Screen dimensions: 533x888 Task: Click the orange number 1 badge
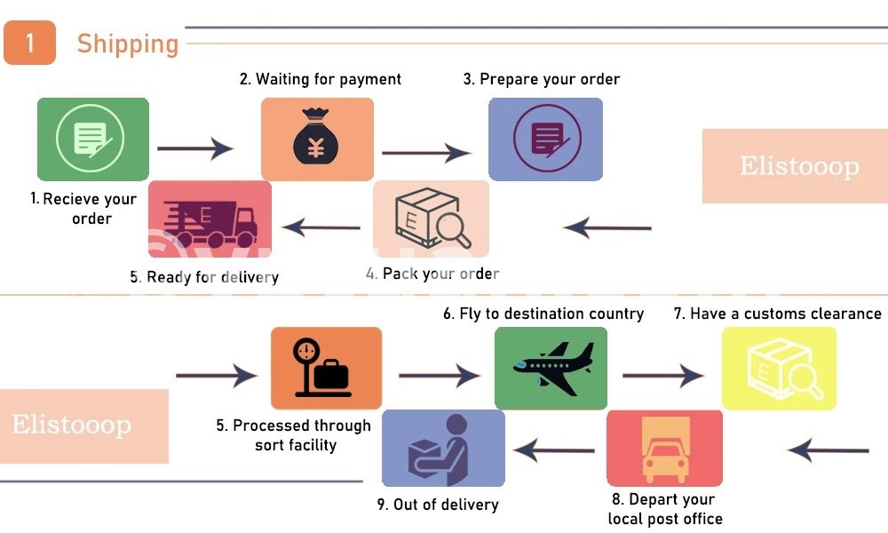tap(29, 44)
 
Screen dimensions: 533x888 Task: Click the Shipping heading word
tap(128, 44)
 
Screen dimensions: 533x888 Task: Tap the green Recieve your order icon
tap(92, 139)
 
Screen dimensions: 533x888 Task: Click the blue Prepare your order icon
tap(545, 139)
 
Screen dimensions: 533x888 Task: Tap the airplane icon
tap(551, 366)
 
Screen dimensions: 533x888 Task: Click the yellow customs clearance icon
tap(779, 368)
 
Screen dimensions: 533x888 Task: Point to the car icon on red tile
tap(664, 448)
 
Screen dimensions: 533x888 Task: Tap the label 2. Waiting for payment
tap(321, 79)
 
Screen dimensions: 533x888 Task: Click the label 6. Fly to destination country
tap(543, 314)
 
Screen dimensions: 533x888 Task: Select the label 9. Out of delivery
tap(438, 505)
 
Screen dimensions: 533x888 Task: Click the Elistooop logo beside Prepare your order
tap(798, 166)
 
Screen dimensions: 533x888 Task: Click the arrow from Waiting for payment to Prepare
tap(425, 153)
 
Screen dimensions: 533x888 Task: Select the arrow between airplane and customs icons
tap(662, 376)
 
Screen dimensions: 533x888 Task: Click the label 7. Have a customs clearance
tap(777, 314)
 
